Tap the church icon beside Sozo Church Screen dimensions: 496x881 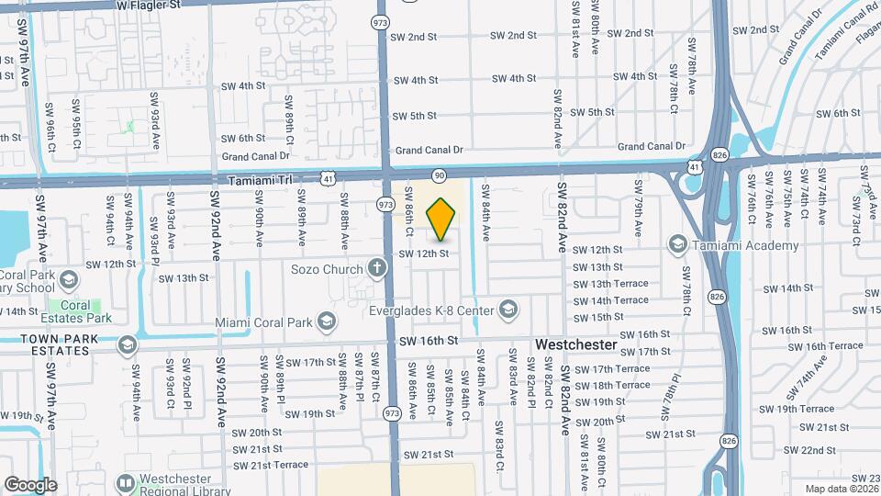point(375,268)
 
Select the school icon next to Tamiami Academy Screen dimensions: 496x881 point(678,243)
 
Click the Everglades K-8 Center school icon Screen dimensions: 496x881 point(508,310)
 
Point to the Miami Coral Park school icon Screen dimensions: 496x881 point(326,321)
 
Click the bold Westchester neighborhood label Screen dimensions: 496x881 point(575,344)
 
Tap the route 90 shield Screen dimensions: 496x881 point(440,175)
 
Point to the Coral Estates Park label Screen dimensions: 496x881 point(81,311)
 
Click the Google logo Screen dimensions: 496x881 point(29,484)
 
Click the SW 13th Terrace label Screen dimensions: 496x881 point(610,284)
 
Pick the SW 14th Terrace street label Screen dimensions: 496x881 point(610,300)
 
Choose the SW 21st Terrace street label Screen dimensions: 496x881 point(270,465)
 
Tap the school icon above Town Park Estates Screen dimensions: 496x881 point(127,344)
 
